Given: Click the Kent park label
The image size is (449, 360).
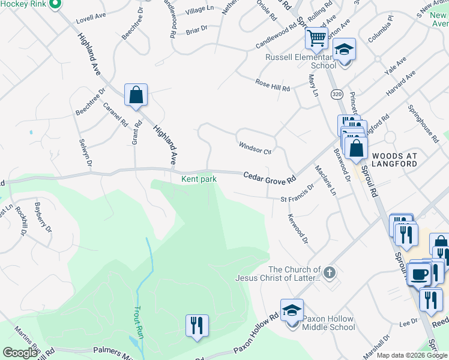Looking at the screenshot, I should click(x=199, y=179).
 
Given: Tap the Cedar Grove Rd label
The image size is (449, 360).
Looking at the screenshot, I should click(x=270, y=178).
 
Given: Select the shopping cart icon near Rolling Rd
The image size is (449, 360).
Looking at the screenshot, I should click(x=316, y=38).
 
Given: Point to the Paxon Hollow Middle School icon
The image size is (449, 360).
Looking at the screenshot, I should click(x=292, y=310).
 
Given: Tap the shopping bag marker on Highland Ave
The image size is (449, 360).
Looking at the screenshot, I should click(x=136, y=94).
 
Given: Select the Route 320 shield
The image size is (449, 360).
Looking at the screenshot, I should click(x=336, y=94).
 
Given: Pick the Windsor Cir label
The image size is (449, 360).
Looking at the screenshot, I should click(x=255, y=148).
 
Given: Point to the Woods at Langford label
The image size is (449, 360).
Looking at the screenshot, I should click(x=394, y=160).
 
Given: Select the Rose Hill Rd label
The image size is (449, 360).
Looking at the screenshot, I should click(x=273, y=85).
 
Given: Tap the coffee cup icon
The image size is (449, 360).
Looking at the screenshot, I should click(x=418, y=274).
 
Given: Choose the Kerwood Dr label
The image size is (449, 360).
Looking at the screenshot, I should click(x=298, y=229).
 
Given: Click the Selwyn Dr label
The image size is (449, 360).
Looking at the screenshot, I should click(x=85, y=152).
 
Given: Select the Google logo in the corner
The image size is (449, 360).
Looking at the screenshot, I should click(x=20, y=353).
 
